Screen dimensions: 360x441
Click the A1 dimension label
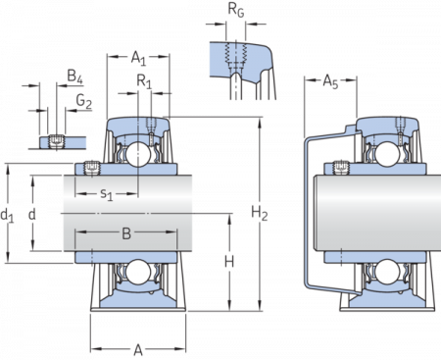[138, 58]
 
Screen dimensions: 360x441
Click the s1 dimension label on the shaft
[106, 194]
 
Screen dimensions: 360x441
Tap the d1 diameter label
[9, 214]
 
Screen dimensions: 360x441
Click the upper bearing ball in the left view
[136, 154]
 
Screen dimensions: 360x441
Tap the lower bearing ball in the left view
[136, 273]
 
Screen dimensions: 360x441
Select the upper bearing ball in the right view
[384, 154]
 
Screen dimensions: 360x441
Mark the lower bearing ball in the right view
[384, 273]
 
